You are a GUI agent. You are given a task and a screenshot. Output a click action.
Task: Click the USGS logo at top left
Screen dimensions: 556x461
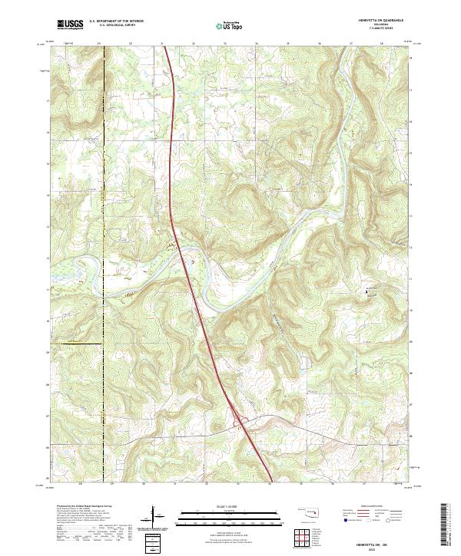(70, 25)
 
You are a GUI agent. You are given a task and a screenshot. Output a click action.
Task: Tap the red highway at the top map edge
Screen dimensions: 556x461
(164, 48)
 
